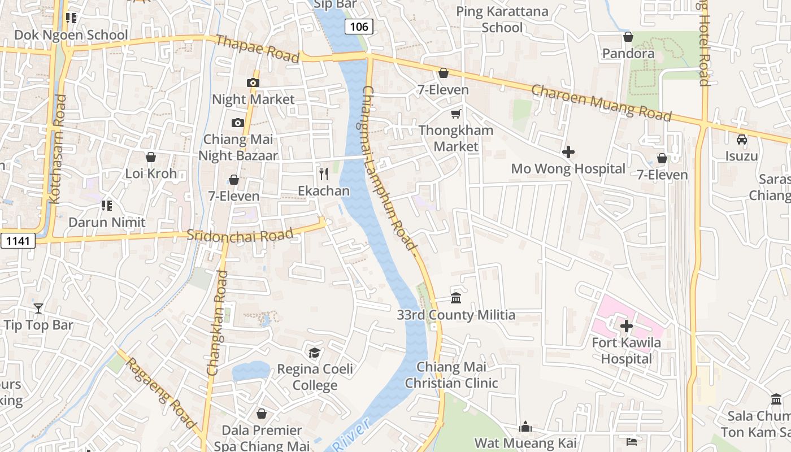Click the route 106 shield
pyautogui.click(x=359, y=26)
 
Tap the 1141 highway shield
pyautogui.click(x=18, y=241)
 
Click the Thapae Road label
pyautogui.click(x=258, y=49)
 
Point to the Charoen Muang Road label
pyautogui.click(x=602, y=103)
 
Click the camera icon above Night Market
pyautogui.click(x=253, y=82)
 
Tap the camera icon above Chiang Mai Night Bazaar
pyautogui.click(x=237, y=123)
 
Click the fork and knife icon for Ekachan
pyautogui.click(x=324, y=174)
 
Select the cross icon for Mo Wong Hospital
pyautogui.click(x=568, y=151)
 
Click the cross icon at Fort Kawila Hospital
pyautogui.click(x=626, y=326)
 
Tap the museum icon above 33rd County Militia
pyautogui.click(x=456, y=298)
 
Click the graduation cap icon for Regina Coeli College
pyautogui.click(x=314, y=353)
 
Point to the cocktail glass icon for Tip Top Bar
pyautogui.click(x=38, y=308)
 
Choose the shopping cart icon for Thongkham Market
pyautogui.click(x=456, y=114)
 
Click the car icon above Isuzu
pyautogui.click(x=742, y=139)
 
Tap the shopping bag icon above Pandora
pyautogui.click(x=628, y=37)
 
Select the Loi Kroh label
pyautogui.click(x=151, y=173)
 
